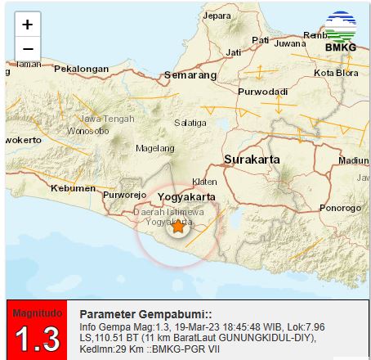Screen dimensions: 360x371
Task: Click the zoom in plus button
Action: coord(27,24)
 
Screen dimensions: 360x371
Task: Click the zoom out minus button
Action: coord(27,48)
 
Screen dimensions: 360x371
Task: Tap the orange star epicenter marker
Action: coord(177,227)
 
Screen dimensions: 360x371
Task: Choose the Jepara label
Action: coord(217,16)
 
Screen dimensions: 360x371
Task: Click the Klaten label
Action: coord(204,182)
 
